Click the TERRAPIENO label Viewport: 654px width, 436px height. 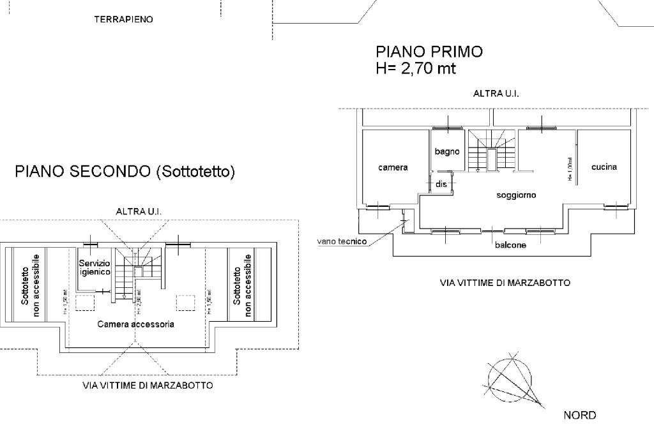point(123,20)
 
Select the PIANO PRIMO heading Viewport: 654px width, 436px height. point(429,52)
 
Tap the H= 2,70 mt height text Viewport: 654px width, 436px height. point(416,69)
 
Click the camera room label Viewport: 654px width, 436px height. point(393,167)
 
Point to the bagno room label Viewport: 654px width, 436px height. point(447,151)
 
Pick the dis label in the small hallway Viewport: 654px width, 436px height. point(441,184)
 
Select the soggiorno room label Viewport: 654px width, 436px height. point(516,195)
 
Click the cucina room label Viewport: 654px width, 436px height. point(604,167)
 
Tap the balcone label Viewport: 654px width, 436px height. point(510,245)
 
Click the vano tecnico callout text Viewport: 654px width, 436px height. point(342,241)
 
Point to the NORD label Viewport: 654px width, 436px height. point(579,416)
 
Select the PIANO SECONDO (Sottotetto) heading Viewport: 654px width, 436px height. point(125,171)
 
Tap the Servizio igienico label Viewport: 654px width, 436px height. point(95,267)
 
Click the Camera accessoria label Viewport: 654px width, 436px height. point(135,324)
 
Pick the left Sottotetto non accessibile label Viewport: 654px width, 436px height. point(30,285)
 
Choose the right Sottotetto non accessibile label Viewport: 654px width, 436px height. point(242,285)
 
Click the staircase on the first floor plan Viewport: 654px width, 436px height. point(490,151)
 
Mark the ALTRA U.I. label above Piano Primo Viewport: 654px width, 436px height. point(496,93)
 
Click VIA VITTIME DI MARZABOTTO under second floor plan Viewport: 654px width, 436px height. point(148,386)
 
